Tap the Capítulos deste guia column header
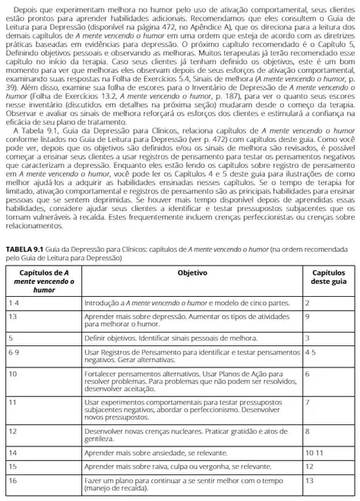click(327, 276)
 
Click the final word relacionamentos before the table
click(33, 225)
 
